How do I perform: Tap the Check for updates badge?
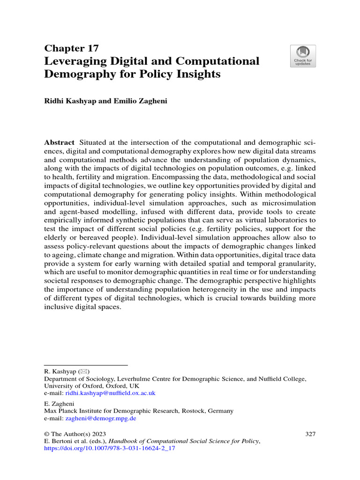tap(302, 56)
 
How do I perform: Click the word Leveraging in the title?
tap(79, 61)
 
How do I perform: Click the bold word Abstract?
tap(59, 142)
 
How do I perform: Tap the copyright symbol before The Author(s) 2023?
tap(47, 434)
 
